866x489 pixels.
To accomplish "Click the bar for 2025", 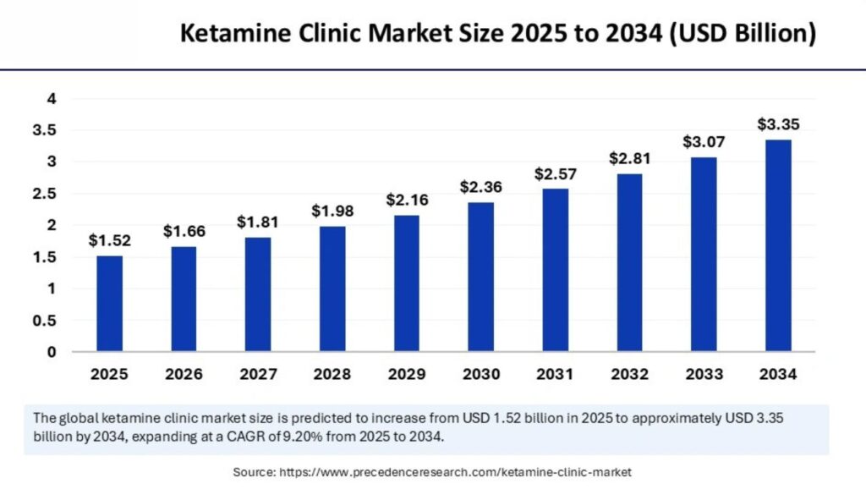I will (108, 303).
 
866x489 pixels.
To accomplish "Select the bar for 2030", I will (480, 276).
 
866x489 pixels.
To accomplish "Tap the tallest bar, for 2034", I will (778, 245).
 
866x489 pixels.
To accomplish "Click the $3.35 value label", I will (778, 124).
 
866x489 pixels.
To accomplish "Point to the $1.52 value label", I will (108, 240).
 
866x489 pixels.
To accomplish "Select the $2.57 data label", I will (555, 173).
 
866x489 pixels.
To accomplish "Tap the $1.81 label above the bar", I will (257, 222).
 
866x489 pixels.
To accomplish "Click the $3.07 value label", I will (704, 142).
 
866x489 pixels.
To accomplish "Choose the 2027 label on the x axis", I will (257, 373).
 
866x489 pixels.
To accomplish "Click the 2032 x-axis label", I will (629, 373).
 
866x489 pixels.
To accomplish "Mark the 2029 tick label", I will (406, 373).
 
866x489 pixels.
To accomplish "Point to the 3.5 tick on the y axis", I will (45, 130).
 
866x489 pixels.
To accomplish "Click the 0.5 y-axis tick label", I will (45, 321).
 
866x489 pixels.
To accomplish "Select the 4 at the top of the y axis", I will (52, 99).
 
